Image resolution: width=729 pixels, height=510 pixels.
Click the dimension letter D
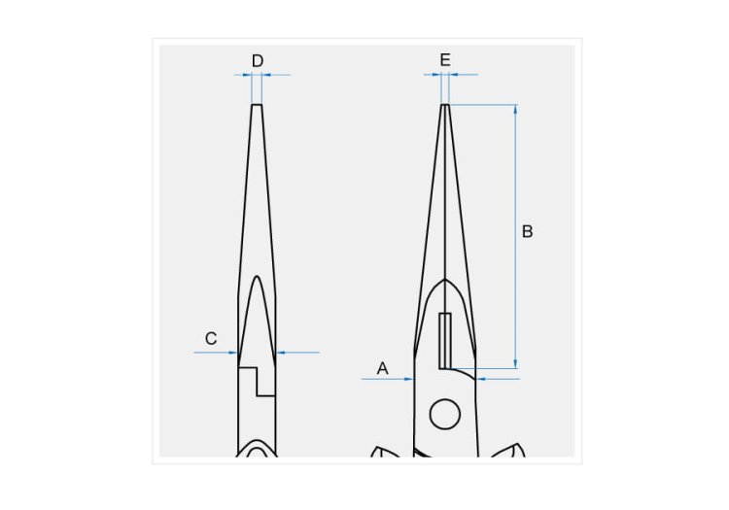(x=258, y=61)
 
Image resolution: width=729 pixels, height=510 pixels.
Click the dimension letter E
(x=445, y=60)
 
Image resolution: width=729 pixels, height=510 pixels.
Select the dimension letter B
(x=527, y=231)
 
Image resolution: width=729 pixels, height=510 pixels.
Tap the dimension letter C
(x=211, y=338)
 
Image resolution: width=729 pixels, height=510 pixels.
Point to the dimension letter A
(x=382, y=368)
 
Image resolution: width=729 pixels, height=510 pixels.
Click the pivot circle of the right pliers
(x=445, y=414)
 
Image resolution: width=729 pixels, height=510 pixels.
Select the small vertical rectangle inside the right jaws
(x=445, y=340)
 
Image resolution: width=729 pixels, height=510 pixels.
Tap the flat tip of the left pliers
(x=258, y=105)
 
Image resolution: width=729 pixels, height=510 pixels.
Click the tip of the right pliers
(x=445, y=105)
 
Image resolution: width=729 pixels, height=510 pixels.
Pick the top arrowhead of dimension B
(x=515, y=109)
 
